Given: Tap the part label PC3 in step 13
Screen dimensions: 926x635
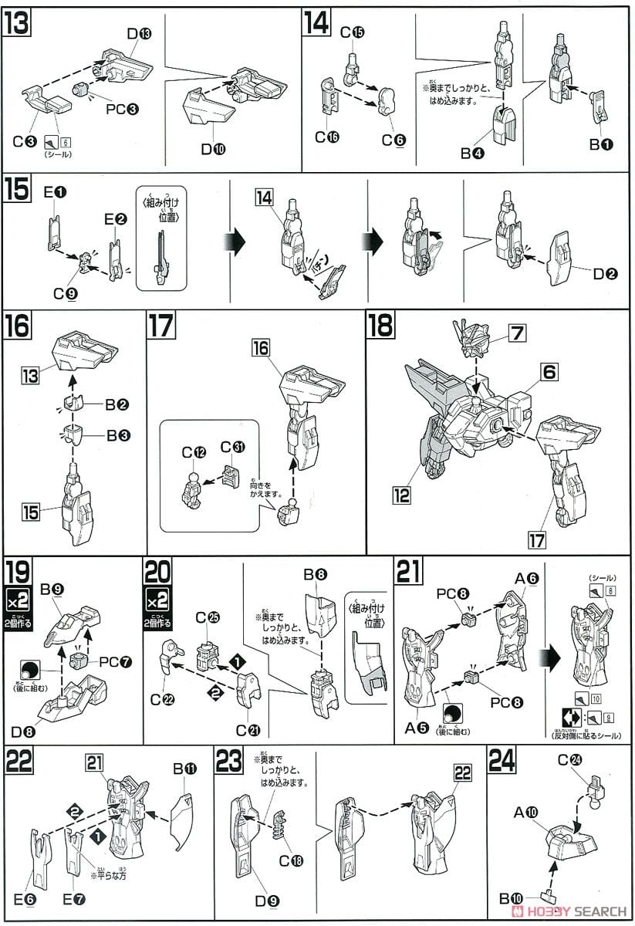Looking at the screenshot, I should pos(122,109).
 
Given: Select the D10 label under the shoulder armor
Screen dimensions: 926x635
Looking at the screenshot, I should pos(214,150).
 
